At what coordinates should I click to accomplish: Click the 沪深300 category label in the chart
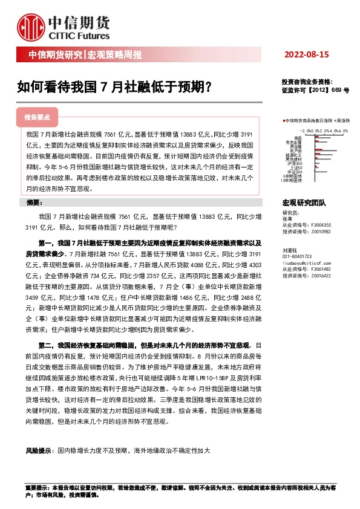(295, 163)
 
